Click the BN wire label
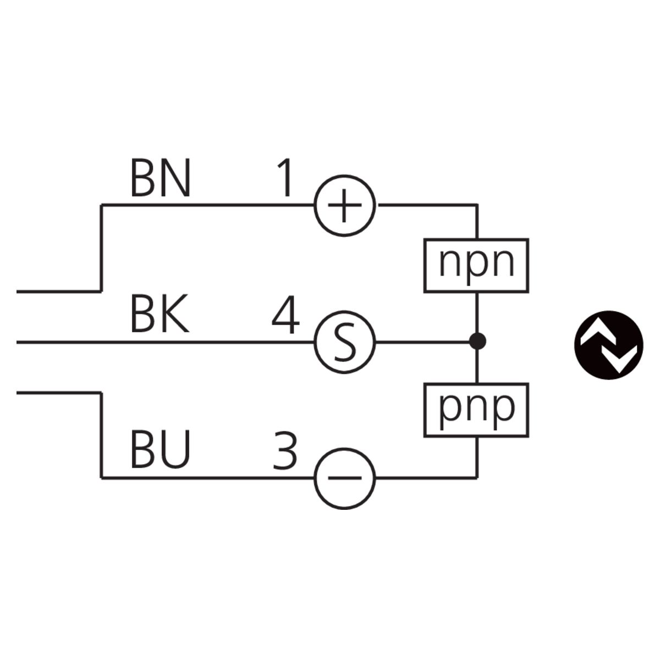coord(160,179)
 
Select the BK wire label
coord(159,315)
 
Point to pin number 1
coord(284,179)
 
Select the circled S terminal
coord(344,342)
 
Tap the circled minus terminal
coord(344,477)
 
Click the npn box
coord(476,265)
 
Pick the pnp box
coord(476,409)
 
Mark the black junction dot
coord(477,342)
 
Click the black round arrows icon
coord(608,346)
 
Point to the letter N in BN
coord(175,179)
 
